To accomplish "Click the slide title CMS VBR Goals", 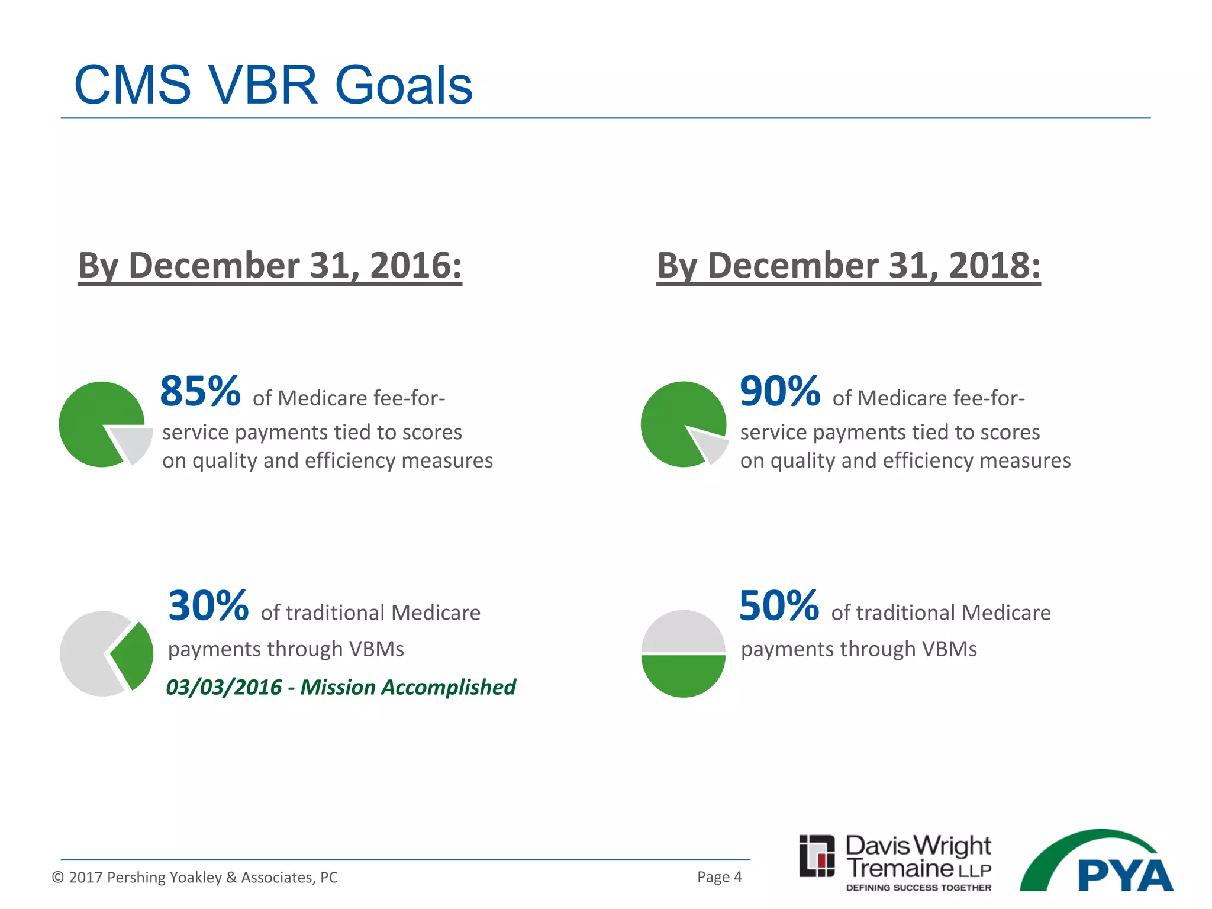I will pyautogui.click(x=273, y=85).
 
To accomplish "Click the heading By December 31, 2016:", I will pyautogui.click(x=270, y=265).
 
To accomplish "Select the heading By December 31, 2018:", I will pyautogui.click(x=848, y=265).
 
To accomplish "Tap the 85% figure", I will pyautogui.click(x=200, y=392).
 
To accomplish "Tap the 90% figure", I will pyautogui.click(x=780, y=392).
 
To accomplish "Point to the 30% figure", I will pyautogui.click(x=208, y=606).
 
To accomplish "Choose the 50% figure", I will pyautogui.click(x=779, y=606).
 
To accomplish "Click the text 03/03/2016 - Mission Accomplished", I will pyautogui.click(x=341, y=687).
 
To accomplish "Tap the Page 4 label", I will pyautogui.click(x=719, y=876).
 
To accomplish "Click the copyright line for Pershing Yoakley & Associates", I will pyautogui.click(x=195, y=877).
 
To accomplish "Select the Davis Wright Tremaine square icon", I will pyautogui.click(x=817, y=856).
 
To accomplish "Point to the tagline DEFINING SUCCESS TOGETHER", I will pyautogui.click(x=918, y=888).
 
